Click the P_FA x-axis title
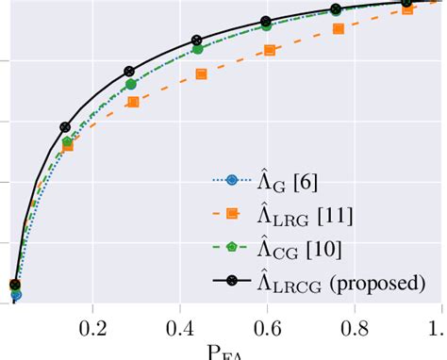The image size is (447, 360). point(225,352)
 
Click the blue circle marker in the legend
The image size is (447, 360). point(233,182)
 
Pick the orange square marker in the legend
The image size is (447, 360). point(233,216)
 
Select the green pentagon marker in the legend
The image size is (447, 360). point(233,249)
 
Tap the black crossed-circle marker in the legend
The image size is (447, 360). point(233,281)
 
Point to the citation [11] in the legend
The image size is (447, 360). point(336,217)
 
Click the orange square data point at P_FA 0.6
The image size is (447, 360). point(270,50)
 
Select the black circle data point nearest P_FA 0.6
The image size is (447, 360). point(265,23)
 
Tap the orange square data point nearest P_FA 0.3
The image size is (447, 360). point(133,102)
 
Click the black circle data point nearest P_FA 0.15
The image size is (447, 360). point(65,126)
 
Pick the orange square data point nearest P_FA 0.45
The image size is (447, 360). point(201,74)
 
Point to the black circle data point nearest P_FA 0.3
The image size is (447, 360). point(129,72)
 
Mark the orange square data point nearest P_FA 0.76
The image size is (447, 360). point(339,29)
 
